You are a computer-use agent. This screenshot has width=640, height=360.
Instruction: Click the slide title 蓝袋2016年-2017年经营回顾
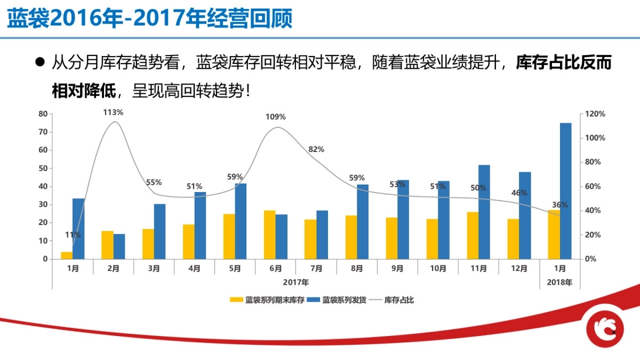(x=150, y=19)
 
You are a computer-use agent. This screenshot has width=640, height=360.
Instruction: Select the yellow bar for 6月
(x=269, y=235)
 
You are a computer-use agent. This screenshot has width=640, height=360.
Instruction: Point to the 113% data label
(x=113, y=113)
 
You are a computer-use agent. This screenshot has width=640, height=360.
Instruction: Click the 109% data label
(x=276, y=117)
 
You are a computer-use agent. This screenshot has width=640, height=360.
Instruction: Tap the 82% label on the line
(x=316, y=149)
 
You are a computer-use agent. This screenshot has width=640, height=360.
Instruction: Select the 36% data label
(x=559, y=205)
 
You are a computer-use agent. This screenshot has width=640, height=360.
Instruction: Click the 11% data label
(x=73, y=235)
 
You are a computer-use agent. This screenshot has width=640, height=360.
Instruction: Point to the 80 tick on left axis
(x=43, y=114)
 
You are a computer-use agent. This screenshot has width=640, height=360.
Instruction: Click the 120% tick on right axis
(x=595, y=114)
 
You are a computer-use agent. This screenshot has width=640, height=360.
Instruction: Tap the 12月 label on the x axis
(x=519, y=269)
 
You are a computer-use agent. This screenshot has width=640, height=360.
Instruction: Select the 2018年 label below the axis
(x=559, y=283)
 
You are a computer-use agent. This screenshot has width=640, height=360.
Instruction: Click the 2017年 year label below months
(x=295, y=282)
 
